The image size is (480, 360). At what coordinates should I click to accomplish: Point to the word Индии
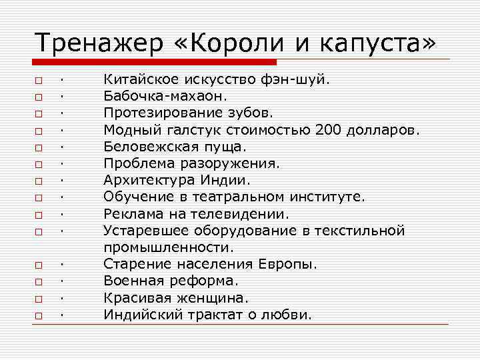pyautogui.click(x=227, y=180)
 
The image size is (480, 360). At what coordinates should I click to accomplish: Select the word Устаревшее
pyautogui.click(x=147, y=231)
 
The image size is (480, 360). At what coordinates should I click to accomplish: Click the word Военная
pyautogui.click(x=131, y=281)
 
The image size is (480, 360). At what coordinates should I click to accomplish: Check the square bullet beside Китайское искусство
pyautogui.click(x=40, y=81)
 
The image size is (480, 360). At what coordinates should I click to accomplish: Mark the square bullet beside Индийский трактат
pyautogui.click(x=40, y=315)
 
